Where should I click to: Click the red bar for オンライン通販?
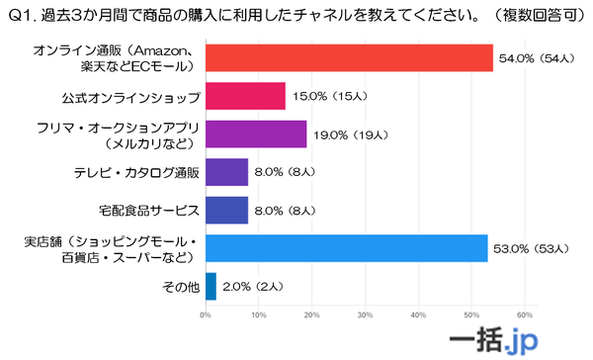coord(348,58)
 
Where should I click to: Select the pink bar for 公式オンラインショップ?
coord(244,96)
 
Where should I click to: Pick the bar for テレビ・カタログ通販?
coord(225,172)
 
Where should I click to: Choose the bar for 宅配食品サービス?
coord(225,210)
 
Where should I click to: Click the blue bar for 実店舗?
coord(346,248)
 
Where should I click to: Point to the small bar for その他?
coord(210,286)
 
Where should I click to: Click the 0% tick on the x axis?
coord(205,315)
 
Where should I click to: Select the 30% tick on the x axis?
coord(365,315)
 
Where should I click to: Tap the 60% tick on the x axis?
coord(525,315)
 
